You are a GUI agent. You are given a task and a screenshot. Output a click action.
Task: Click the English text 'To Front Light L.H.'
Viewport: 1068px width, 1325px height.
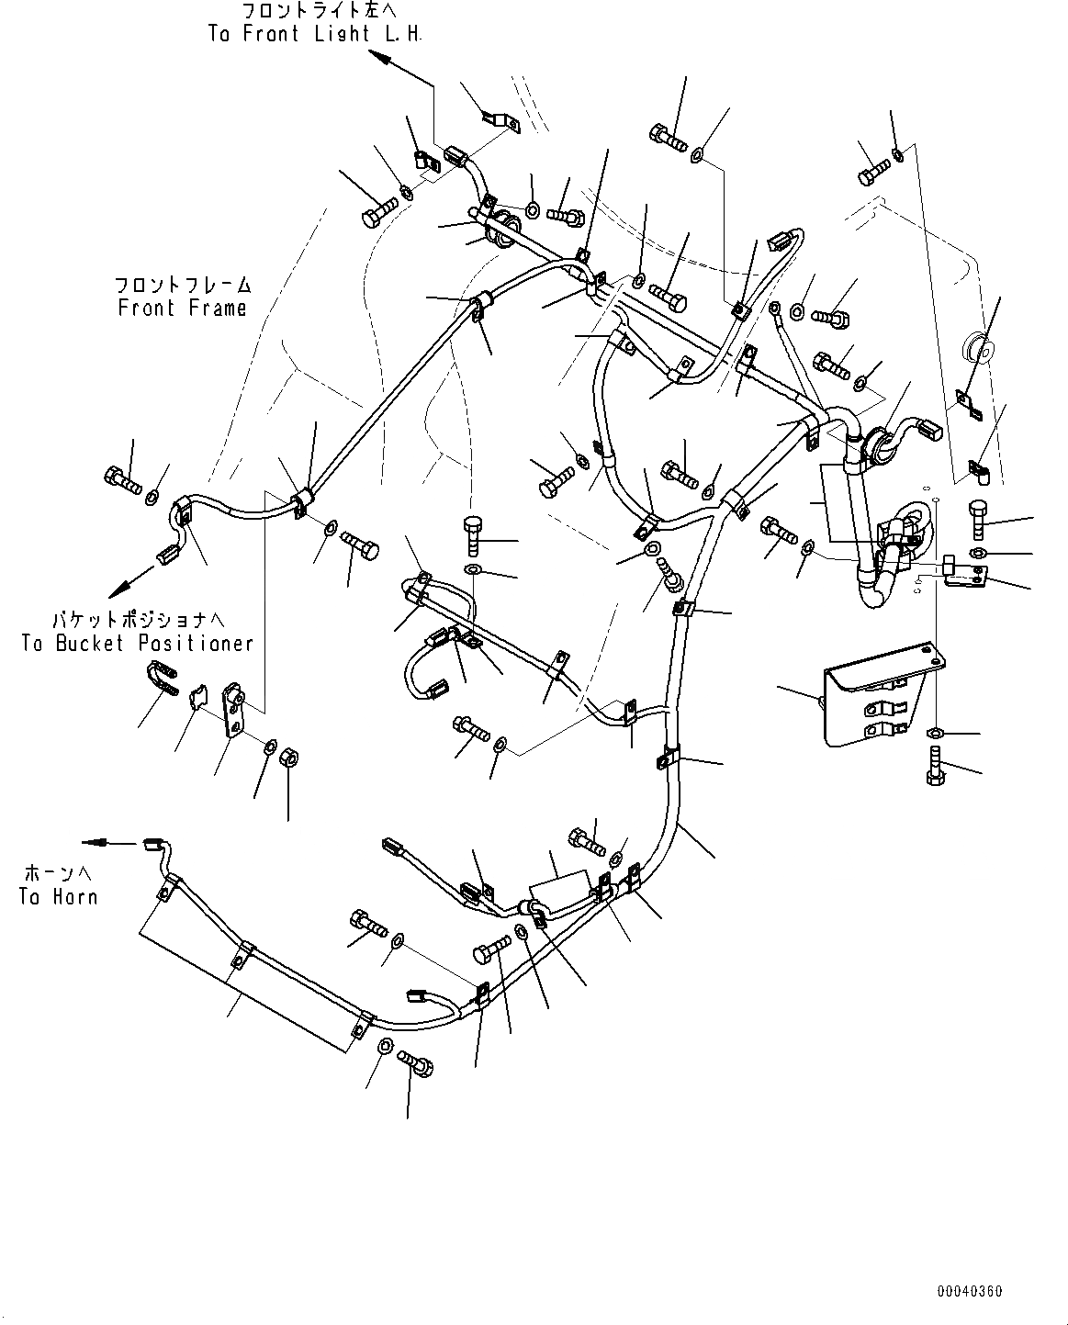[314, 34]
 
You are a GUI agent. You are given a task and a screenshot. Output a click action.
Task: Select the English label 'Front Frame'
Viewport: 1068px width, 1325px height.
[183, 308]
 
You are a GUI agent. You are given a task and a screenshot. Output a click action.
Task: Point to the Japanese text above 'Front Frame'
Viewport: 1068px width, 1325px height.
[183, 285]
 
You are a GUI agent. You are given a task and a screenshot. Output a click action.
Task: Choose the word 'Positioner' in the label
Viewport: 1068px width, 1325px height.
[196, 643]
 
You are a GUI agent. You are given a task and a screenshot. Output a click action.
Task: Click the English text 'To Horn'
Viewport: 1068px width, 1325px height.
[58, 896]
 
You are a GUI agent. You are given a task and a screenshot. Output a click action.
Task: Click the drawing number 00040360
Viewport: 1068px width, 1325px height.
[970, 1291]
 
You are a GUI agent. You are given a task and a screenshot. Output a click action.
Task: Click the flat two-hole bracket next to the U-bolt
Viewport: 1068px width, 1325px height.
[233, 709]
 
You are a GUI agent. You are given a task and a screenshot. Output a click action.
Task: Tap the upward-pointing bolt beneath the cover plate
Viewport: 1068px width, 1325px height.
[935, 764]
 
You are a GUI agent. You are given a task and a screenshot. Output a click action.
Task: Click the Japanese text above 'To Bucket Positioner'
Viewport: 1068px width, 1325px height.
[138, 620]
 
